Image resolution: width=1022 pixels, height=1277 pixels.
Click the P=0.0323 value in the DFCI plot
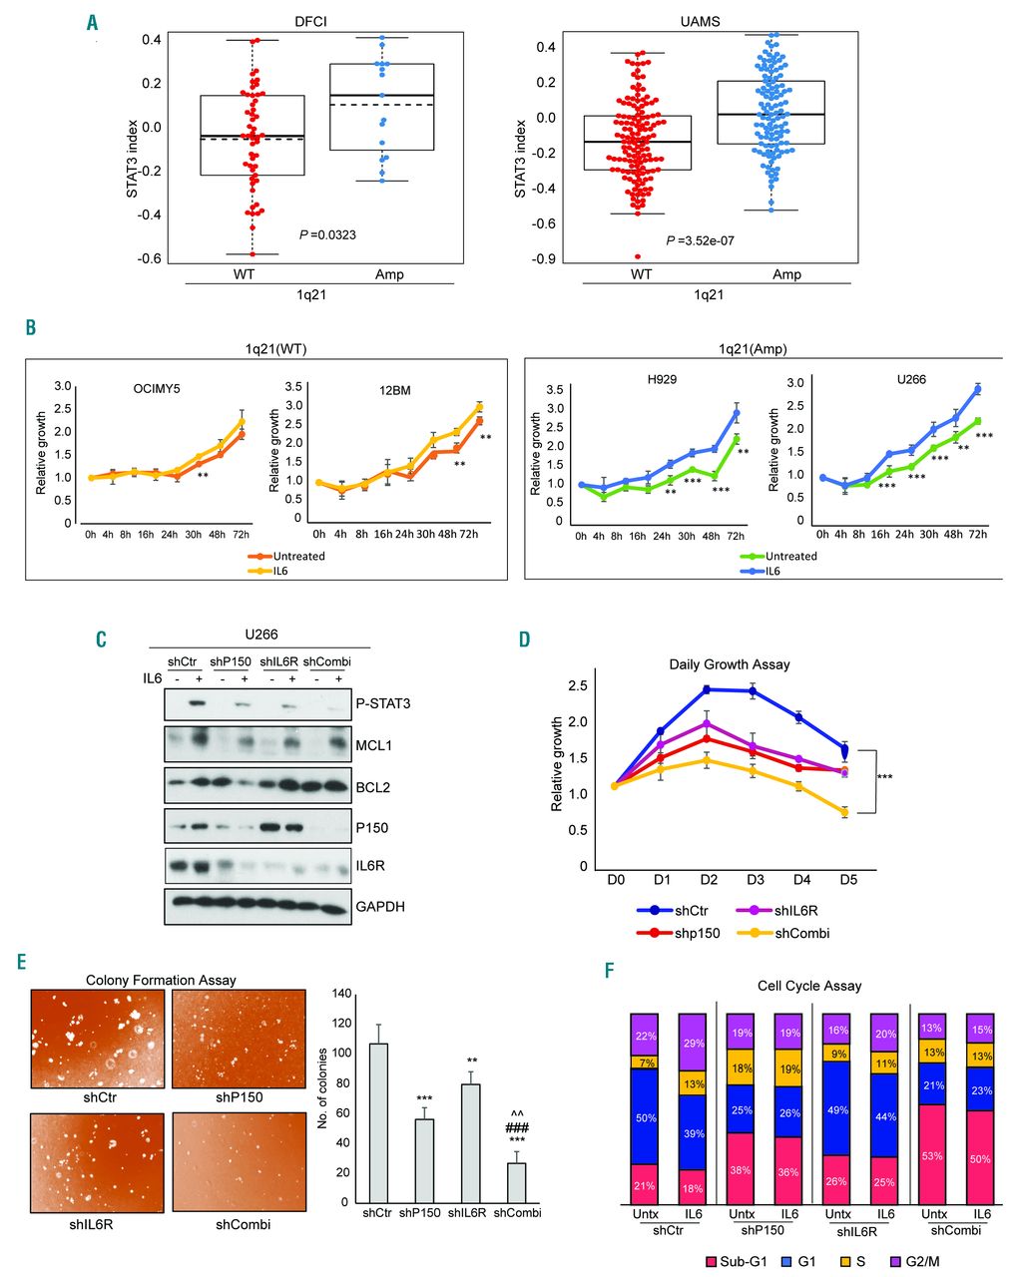[328, 234]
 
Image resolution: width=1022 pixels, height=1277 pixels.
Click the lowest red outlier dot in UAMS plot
[638, 256]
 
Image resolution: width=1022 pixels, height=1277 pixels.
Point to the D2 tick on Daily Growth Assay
[708, 880]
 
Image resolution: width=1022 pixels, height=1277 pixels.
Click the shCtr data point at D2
[708, 689]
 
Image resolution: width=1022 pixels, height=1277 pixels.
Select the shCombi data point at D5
[845, 812]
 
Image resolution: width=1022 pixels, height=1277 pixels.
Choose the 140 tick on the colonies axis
[343, 994]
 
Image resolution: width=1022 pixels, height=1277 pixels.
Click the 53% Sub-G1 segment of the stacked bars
[934, 1155]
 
